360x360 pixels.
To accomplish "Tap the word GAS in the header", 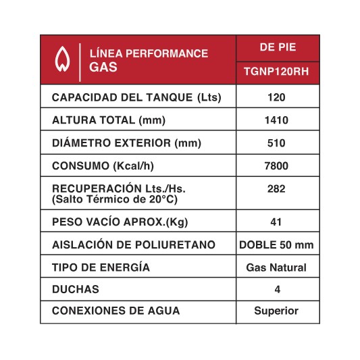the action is tap(103, 67).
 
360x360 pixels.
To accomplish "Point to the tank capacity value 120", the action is tap(277, 98).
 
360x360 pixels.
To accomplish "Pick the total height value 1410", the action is tap(277, 121).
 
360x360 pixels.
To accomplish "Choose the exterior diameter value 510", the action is tap(277, 143).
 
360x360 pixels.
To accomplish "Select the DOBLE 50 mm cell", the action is tap(277, 245).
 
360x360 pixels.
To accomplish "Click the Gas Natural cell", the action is tap(277, 267).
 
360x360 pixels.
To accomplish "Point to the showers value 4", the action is tap(276, 289).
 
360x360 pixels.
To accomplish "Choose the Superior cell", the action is tap(276, 311).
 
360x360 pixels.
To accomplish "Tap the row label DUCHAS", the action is tap(76, 289).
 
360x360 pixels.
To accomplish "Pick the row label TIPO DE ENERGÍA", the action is tap(101, 267).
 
